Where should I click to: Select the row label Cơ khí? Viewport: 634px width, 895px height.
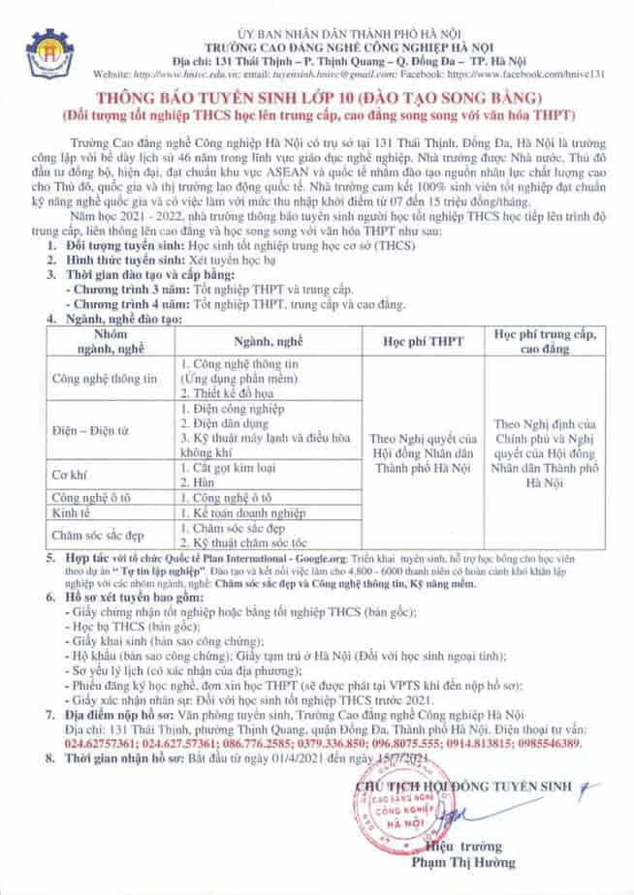tap(68, 476)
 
